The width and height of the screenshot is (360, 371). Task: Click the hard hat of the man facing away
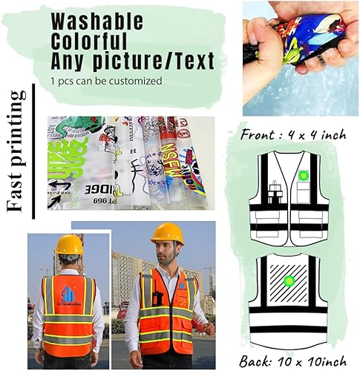tap(68, 244)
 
